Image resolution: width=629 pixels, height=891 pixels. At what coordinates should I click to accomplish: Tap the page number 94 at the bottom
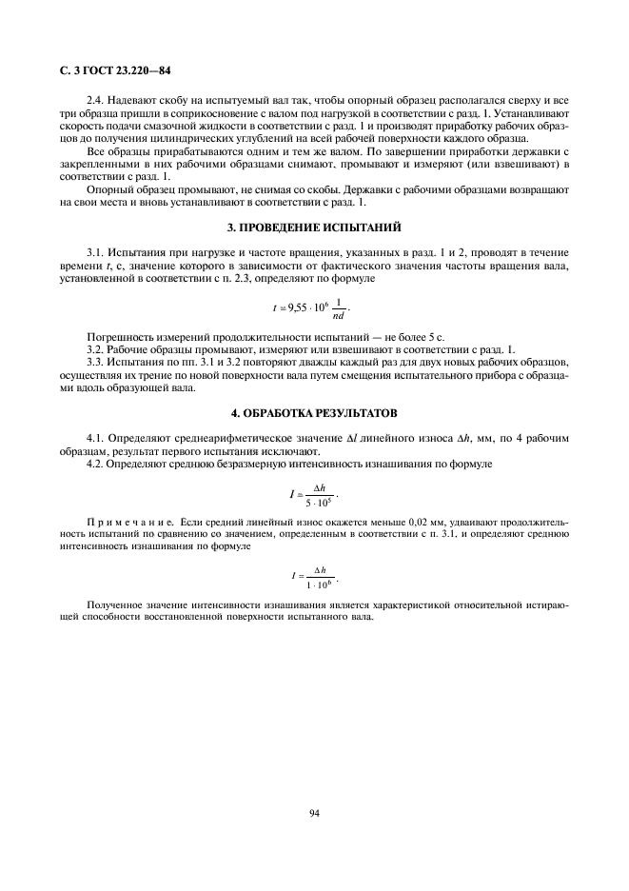pos(314,812)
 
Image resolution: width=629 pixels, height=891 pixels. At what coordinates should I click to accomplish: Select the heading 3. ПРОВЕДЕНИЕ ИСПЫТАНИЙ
pos(314,227)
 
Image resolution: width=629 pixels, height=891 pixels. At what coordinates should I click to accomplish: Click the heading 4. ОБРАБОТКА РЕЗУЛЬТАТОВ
pos(314,413)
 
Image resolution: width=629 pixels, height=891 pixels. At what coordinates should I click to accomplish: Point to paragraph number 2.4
pos(96,100)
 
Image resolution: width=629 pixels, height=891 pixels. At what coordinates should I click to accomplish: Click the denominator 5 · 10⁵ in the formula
pos(319,501)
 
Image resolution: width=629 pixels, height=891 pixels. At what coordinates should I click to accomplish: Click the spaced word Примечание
pos(129,523)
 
